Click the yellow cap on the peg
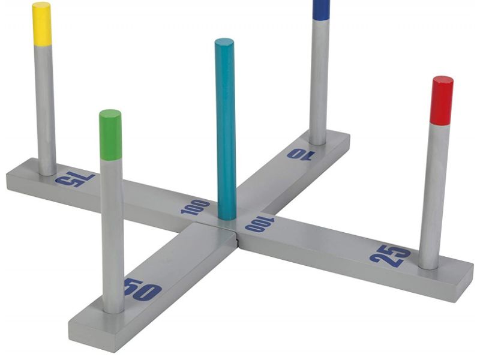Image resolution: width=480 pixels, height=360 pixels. coord(42,24)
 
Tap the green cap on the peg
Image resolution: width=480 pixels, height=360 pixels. coord(110,134)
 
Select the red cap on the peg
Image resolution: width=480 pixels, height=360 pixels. coord(442,100)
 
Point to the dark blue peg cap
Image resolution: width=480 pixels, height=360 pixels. coord(322,10)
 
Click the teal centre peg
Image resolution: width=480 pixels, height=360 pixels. coord(226,129)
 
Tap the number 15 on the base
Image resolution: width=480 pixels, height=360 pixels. coord(75,180)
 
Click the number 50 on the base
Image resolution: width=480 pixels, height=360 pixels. coord(143,290)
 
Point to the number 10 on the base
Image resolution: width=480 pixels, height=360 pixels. coord(301,155)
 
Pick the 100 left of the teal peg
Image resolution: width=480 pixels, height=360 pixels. coord(196,207)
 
